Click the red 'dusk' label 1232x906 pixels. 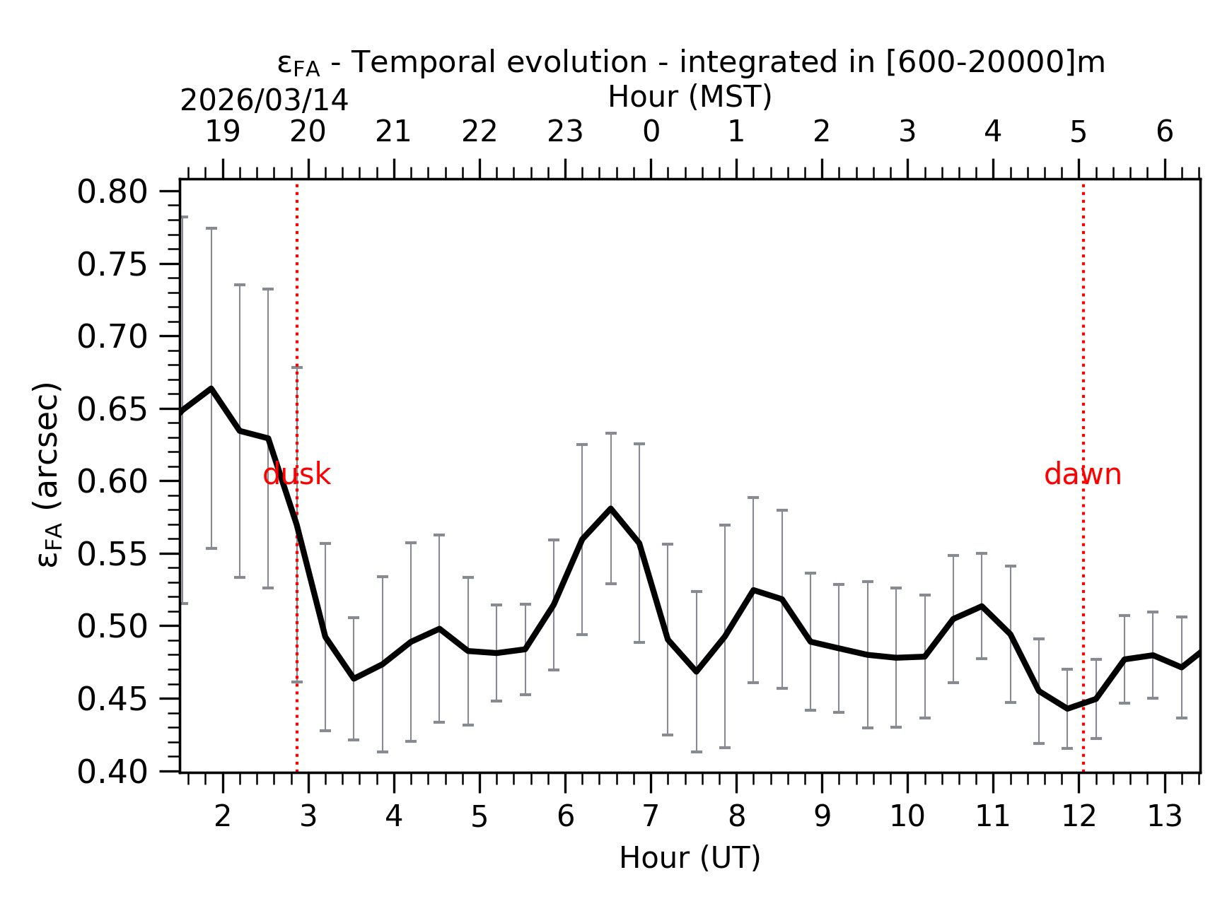pyautogui.click(x=296, y=475)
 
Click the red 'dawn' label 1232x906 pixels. pyautogui.click(x=1082, y=475)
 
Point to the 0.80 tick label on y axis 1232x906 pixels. pyautogui.click(x=112, y=192)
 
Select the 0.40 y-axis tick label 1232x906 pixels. pyautogui.click(x=112, y=772)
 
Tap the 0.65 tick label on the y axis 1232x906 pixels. pyautogui.click(x=112, y=410)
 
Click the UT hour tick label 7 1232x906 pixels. pyautogui.click(x=651, y=817)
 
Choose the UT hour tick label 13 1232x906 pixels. pyautogui.click(x=1164, y=817)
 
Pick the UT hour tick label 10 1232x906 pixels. pyautogui.click(x=907, y=817)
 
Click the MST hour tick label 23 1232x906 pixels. pyautogui.click(x=565, y=132)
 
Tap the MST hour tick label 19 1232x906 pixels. pyautogui.click(x=223, y=132)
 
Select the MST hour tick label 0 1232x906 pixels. pyautogui.click(x=651, y=132)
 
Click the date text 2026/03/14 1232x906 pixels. pyautogui.click(x=265, y=101)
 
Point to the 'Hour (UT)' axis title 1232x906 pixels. pyautogui.click(x=690, y=858)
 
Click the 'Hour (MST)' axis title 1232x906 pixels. pyautogui.click(x=690, y=97)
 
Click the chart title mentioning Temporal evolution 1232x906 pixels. pyautogui.click(x=691, y=63)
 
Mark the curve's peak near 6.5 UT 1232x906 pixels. pyautogui.click(x=610, y=509)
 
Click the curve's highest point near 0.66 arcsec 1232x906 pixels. pyautogui.click(x=211, y=389)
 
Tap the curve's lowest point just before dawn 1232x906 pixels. pyautogui.click(x=1067, y=708)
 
